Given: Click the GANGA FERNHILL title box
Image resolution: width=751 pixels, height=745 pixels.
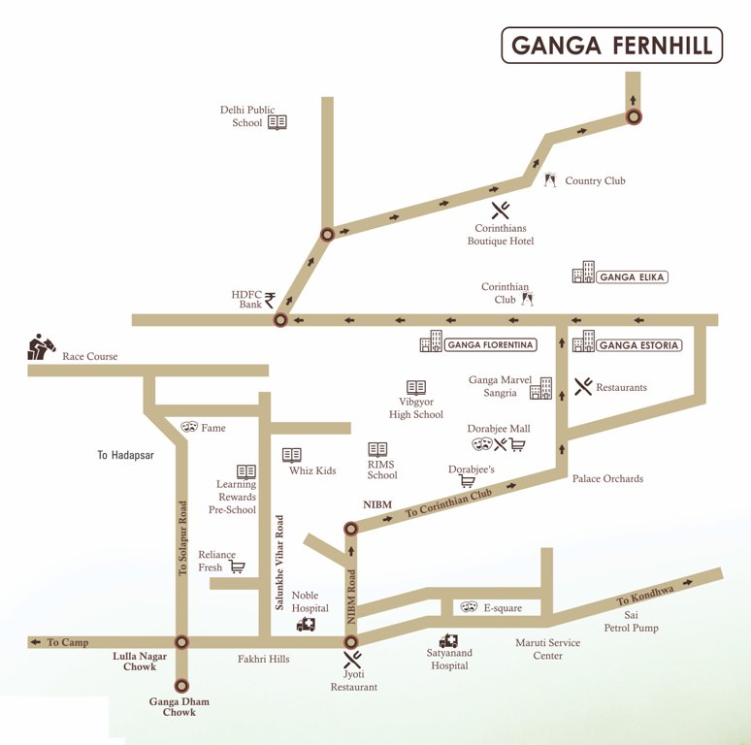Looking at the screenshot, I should pos(611,46).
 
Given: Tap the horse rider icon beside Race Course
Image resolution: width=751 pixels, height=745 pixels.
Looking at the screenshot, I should pos(42,347).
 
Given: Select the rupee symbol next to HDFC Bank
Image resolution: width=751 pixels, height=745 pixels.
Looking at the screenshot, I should pos(270,300).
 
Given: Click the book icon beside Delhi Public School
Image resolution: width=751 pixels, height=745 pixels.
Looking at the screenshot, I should pos(278,122).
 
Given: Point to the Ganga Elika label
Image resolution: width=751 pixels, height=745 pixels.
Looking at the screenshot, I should pos(633,277).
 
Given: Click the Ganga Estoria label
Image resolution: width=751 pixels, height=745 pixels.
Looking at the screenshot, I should pos(638,345).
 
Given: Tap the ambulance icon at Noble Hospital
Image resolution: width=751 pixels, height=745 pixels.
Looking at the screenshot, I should pos(307,625).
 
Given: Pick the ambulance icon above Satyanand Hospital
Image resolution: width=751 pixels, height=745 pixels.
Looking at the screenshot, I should pos(448,641).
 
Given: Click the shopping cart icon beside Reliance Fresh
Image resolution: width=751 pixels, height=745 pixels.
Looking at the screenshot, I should pos(236,567).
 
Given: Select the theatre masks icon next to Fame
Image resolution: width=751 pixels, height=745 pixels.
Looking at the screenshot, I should pos(188,427).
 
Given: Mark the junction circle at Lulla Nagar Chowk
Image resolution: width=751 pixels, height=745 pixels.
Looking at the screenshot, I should pos(181,642).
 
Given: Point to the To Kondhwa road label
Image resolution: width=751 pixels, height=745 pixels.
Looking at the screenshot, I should pos(644,594).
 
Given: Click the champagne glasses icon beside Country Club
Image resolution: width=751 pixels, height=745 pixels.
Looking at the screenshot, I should pos(550,180).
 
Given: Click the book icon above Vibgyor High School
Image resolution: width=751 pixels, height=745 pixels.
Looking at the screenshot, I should pos(416,387).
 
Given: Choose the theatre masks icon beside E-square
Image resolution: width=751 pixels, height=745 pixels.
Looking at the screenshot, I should pos(468,606).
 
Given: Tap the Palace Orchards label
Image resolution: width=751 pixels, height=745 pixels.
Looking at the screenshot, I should pos(607,478).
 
